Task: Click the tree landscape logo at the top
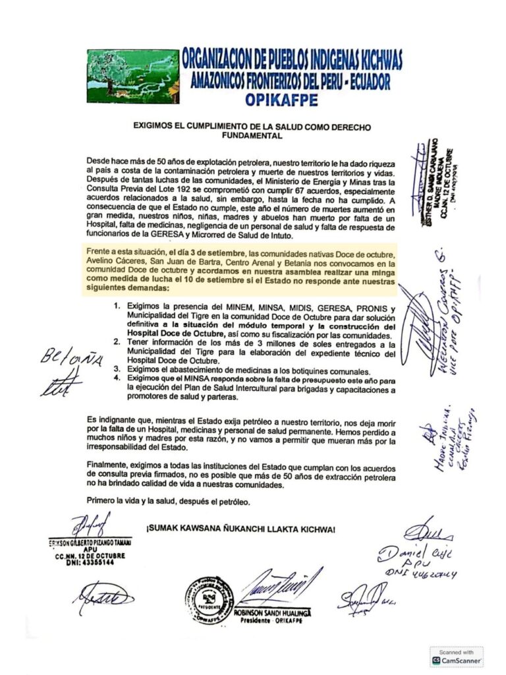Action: tap(132, 74)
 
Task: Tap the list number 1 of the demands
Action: tap(116, 308)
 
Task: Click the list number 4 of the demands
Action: tap(116, 377)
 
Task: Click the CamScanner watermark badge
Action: tap(457, 657)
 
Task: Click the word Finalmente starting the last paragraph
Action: tap(109, 465)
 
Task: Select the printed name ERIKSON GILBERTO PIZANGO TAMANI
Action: tap(90, 542)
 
